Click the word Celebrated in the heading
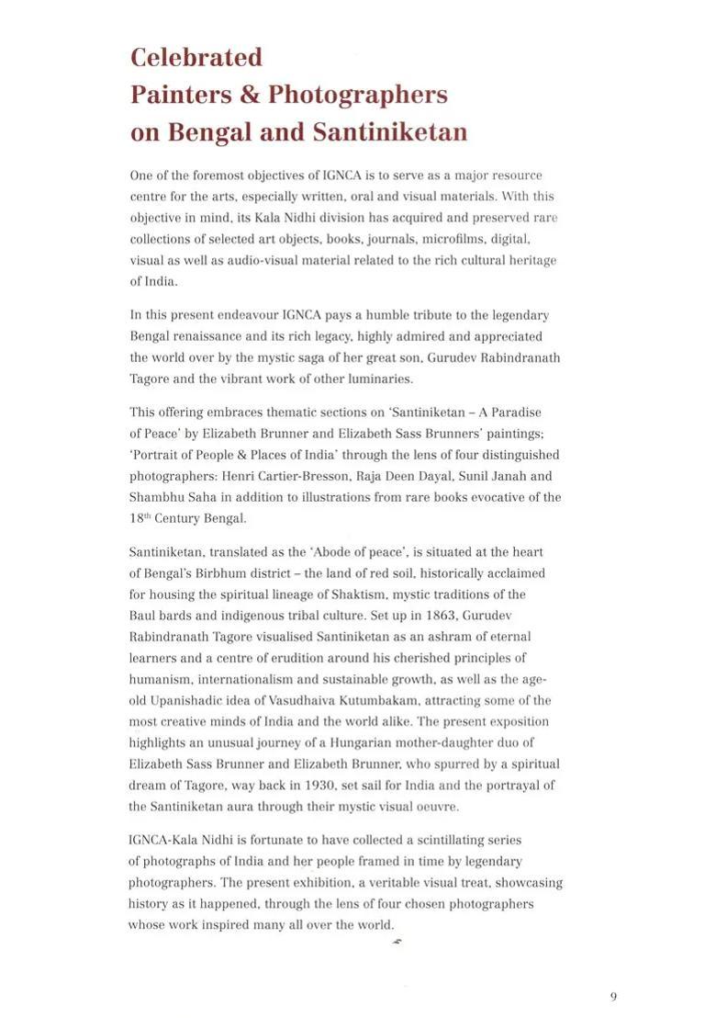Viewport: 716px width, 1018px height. [196, 57]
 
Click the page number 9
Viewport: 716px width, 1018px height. [613, 997]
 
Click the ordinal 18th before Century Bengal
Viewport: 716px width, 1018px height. [140, 518]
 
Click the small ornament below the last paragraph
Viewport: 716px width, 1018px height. [397, 942]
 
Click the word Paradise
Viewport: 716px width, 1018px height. [515, 413]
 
